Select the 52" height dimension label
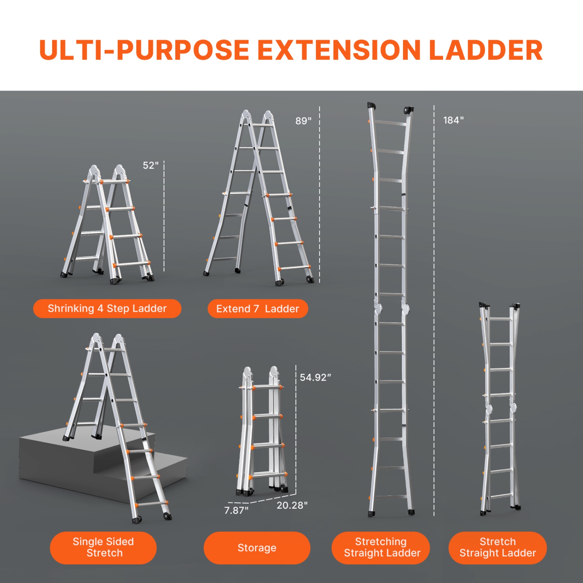pyautogui.click(x=150, y=166)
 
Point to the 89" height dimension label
pyautogui.click(x=303, y=121)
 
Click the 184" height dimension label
pyautogui.click(x=453, y=120)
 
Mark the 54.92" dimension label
pyautogui.click(x=315, y=377)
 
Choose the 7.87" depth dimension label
pyautogui.click(x=236, y=510)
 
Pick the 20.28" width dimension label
pyautogui.click(x=292, y=505)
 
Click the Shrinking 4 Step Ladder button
pyautogui.click(x=107, y=309)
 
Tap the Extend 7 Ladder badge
pyautogui.click(x=258, y=309)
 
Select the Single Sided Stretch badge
pyautogui.click(x=103, y=548)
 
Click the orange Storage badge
pyautogui.click(x=257, y=548)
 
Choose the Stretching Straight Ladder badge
pyautogui.click(x=381, y=548)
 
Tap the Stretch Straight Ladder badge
pyautogui.click(x=497, y=548)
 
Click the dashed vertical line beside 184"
pyautogui.click(x=434, y=311)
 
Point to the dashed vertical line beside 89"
pyautogui.click(x=319, y=194)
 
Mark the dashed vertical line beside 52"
pyautogui.click(x=164, y=216)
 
